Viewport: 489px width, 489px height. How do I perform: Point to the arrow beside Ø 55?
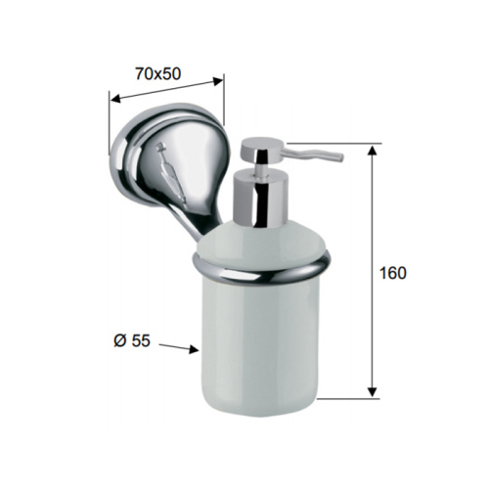click(180, 347)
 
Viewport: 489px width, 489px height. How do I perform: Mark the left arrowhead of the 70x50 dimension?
click(112, 99)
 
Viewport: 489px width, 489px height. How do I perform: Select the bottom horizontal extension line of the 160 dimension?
click(347, 397)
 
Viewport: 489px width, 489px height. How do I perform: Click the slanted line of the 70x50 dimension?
click(166, 89)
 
